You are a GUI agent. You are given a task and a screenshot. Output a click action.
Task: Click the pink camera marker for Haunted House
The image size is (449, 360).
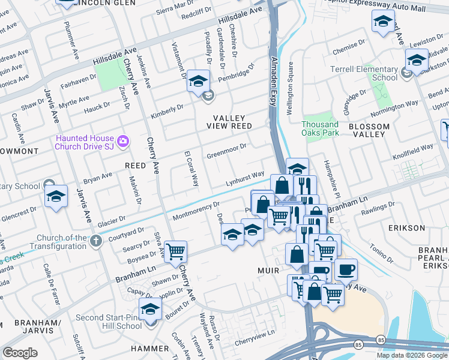(x=123, y=141)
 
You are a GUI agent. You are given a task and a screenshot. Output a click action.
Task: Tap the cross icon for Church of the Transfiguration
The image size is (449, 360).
(x=95, y=241)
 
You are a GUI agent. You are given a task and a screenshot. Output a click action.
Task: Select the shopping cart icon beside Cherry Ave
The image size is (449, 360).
(x=175, y=252)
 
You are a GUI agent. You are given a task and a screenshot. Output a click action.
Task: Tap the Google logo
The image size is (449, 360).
(x=20, y=353)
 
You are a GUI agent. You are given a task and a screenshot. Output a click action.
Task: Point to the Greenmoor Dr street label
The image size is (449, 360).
(x=227, y=147)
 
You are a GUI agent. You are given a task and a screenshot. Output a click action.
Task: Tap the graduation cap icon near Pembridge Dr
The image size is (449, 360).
(x=197, y=81)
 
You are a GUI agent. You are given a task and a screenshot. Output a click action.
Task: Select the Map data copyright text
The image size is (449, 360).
(x=412, y=355)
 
